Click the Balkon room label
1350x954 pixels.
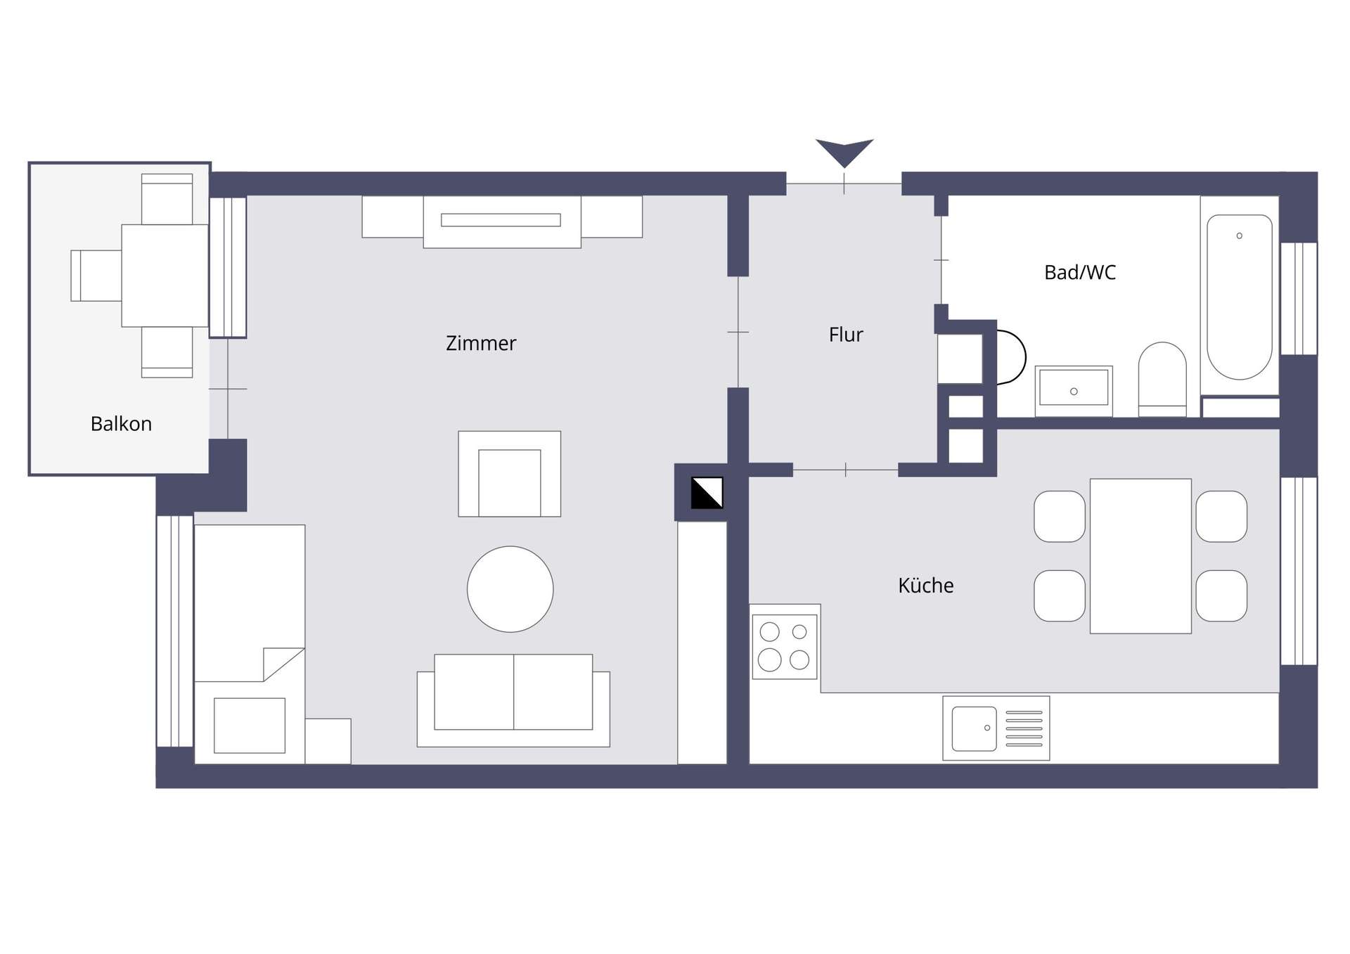tap(121, 424)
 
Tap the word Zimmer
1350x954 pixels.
tap(481, 343)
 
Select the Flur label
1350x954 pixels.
tap(846, 335)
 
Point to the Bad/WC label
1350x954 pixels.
tap(1080, 272)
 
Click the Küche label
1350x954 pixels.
tap(926, 585)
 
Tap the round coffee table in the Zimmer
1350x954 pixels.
tap(510, 589)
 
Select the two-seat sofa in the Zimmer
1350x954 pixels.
tap(513, 700)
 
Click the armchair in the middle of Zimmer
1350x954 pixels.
tap(510, 474)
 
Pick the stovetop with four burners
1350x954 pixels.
tap(785, 647)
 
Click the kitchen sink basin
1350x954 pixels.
tap(975, 728)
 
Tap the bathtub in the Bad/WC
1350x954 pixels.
tap(1240, 297)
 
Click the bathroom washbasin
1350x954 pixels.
tap(1074, 390)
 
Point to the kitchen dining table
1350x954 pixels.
tap(1140, 556)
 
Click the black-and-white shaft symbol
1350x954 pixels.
tap(707, 493)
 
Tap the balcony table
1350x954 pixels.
tap(165, 276)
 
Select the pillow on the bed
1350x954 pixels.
tap(250, 726)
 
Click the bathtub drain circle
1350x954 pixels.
tap(1240, 236)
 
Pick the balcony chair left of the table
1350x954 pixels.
tap(96, 276)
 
